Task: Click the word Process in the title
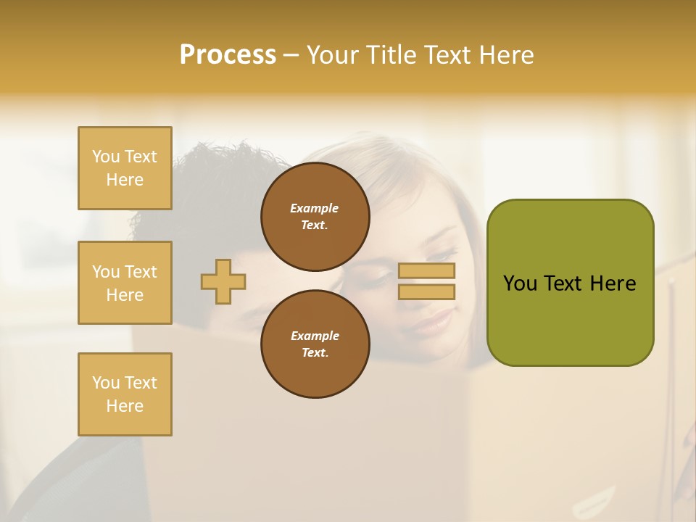point(228,55)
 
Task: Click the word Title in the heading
point(391,55)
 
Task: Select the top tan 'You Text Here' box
point(125,168)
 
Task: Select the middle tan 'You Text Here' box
point(125,283)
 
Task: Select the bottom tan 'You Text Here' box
point(125,394)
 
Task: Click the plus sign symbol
point(223,281)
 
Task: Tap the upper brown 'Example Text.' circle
point(315,216)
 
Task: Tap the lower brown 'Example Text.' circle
point(315,344)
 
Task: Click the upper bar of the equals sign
point(427,271)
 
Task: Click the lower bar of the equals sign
point(427,291)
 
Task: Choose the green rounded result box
point(570,319)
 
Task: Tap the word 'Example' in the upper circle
point(315,208)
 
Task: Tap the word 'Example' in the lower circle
point(315,336)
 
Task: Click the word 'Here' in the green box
point(613,283)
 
